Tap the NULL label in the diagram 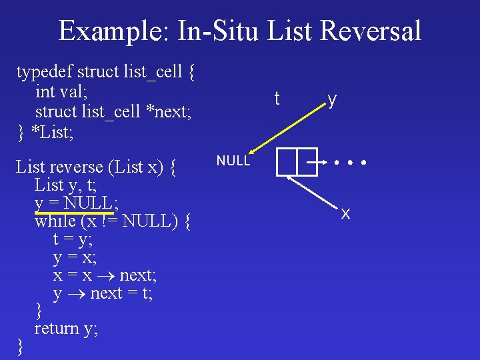(x=233, y=161)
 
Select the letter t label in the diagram (x=277, y=99)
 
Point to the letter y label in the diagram (x=331, y=99)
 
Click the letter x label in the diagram (x=345, y=214)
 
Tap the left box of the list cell (x=286, y=161)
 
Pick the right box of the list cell (x=307, y=161)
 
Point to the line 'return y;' (x=66, y=329)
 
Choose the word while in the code (x=57, y=220)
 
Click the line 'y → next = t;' (x=103, y=293)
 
